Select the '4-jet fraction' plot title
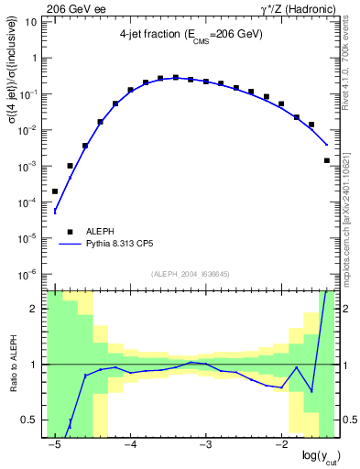(191, 34)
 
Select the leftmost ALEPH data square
(55, 191)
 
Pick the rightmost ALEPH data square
(327, 160)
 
